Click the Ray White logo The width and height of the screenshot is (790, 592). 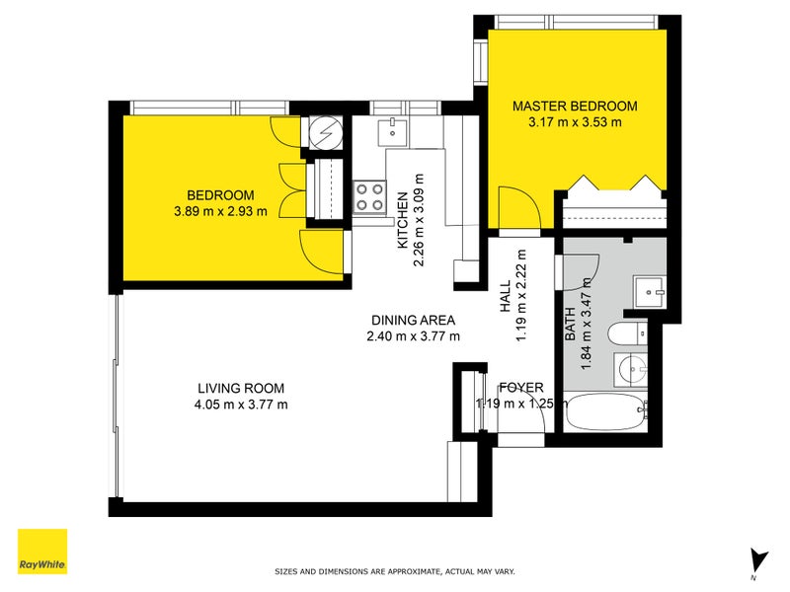[x=42, y=552]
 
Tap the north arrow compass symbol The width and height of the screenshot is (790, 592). [x=757, y=560]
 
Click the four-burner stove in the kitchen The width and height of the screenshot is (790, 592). [x=369, y=196]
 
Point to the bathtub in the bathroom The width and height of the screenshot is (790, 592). [x=604, y=411]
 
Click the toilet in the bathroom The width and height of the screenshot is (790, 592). [x=627, y=335]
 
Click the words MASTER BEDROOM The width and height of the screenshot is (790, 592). [x=574, y=106]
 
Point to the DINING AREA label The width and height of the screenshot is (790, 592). [x=413, y=320]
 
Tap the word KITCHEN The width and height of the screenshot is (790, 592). [x=403, y=219]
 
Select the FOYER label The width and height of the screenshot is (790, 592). [x=519, y=387]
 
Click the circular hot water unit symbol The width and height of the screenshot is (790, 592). [x=324, y=131]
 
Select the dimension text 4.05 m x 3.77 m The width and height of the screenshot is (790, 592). [x=242, y=404]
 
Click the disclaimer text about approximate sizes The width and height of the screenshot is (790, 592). [x=394, y=571]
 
